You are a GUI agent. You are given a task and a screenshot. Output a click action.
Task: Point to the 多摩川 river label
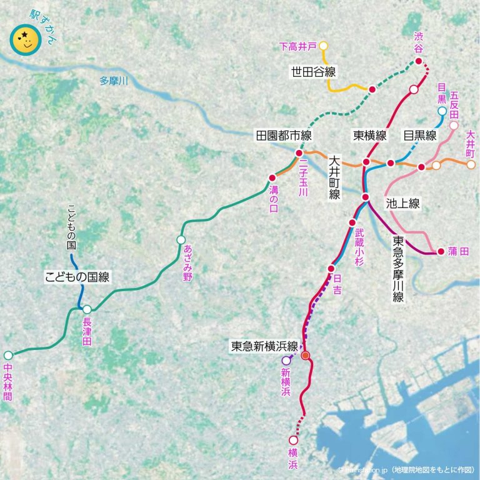click(113, 81)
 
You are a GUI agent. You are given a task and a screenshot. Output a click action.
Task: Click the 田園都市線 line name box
click(283, 135)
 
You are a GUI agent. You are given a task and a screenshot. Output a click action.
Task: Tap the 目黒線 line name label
click(420, 135)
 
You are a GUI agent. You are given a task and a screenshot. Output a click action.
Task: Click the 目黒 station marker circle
click(442, 111)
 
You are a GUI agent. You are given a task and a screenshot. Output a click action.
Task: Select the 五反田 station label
click(454, 105)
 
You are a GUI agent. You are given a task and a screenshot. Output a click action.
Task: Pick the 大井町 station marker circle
click(471, 164)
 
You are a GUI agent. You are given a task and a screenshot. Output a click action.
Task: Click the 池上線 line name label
click(402, 203)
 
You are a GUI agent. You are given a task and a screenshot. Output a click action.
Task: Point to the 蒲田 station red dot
click(441, 252)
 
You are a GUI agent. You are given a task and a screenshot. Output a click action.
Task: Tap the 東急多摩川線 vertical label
click(398, 269)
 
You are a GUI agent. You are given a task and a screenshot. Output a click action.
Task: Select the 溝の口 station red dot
click(272, 177)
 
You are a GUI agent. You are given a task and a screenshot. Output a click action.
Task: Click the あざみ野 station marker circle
click(181, 240)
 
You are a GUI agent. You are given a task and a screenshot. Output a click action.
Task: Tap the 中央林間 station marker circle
click(9, 354)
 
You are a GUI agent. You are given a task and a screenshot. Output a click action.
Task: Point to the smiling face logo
click(25, 41)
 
